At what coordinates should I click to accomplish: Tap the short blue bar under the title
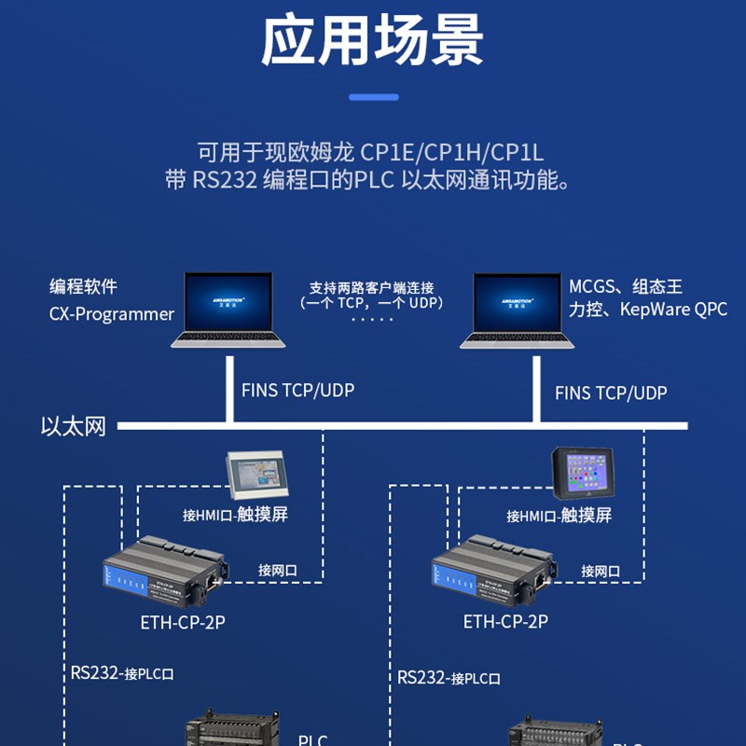(373, 97)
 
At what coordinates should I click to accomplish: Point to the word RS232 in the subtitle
(224, 180)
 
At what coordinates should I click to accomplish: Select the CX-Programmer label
(112, 314)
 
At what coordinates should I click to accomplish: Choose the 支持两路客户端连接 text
(372, 287)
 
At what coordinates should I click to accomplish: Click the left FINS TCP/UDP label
(297, 390)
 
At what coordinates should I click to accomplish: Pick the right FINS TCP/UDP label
(611, 393)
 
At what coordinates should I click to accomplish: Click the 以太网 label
(74, 427)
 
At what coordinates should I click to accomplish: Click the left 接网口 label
(277, 571)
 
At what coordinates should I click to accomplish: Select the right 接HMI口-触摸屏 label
(559, 515)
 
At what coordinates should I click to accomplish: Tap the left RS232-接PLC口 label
(122, 672)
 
